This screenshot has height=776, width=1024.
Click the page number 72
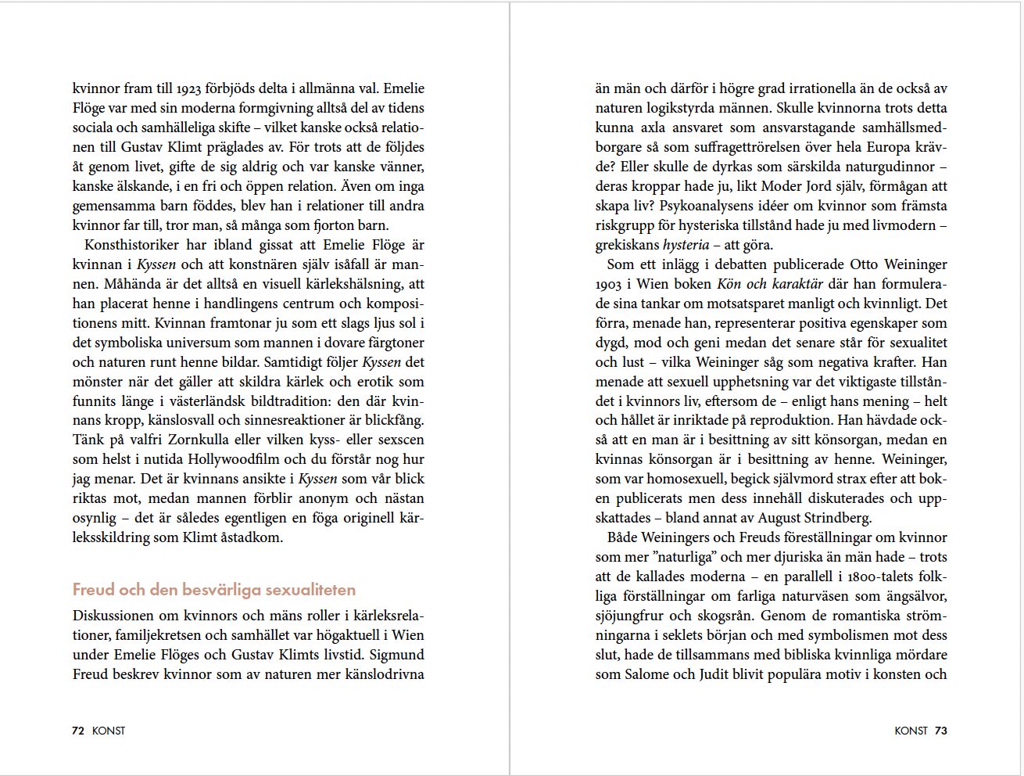77,731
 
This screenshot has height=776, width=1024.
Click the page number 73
940,731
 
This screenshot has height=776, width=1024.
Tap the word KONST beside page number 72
109,731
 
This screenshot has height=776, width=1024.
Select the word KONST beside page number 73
911,731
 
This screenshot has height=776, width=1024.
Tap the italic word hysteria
686,245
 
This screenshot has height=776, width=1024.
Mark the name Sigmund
396,655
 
